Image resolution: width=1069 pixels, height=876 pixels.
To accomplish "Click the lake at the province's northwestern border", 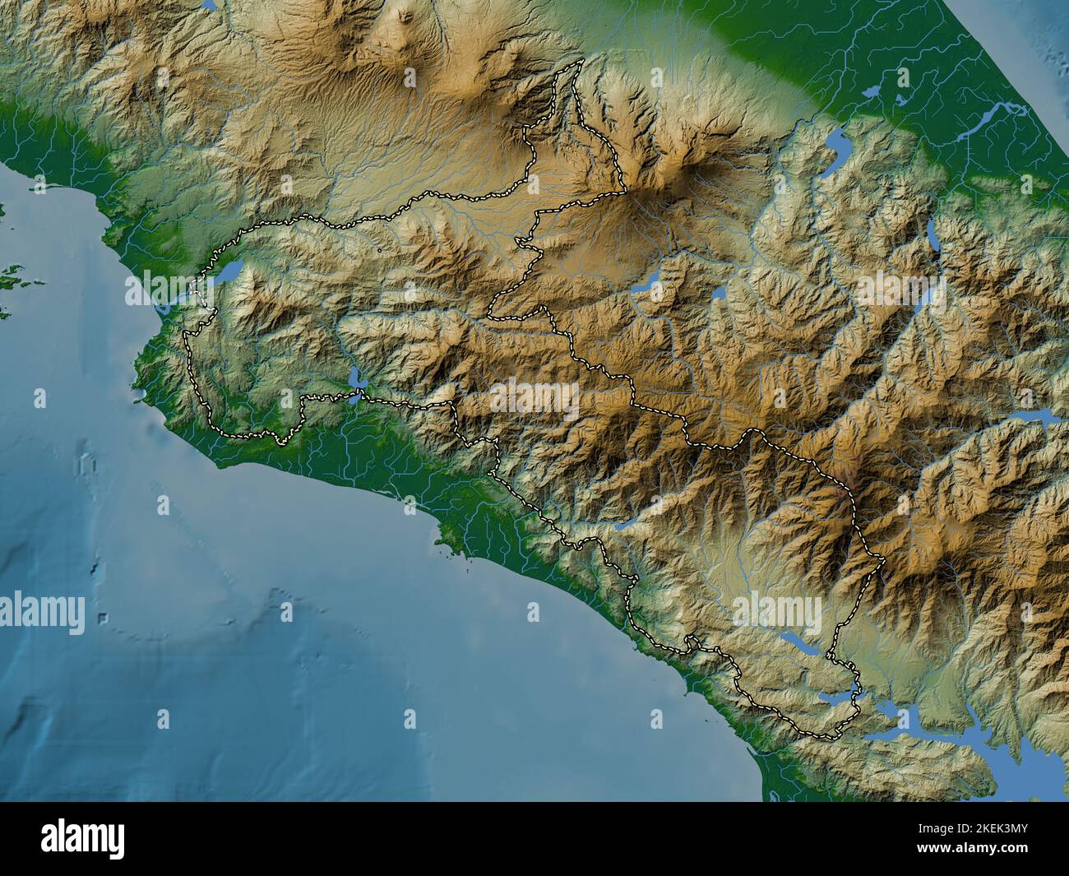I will point(229,271).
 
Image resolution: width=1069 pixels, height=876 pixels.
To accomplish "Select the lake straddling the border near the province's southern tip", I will point(855,690).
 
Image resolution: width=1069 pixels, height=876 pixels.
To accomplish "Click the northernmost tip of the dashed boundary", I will point(581,60).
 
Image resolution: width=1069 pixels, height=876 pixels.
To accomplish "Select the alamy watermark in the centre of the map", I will point(534,396).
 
